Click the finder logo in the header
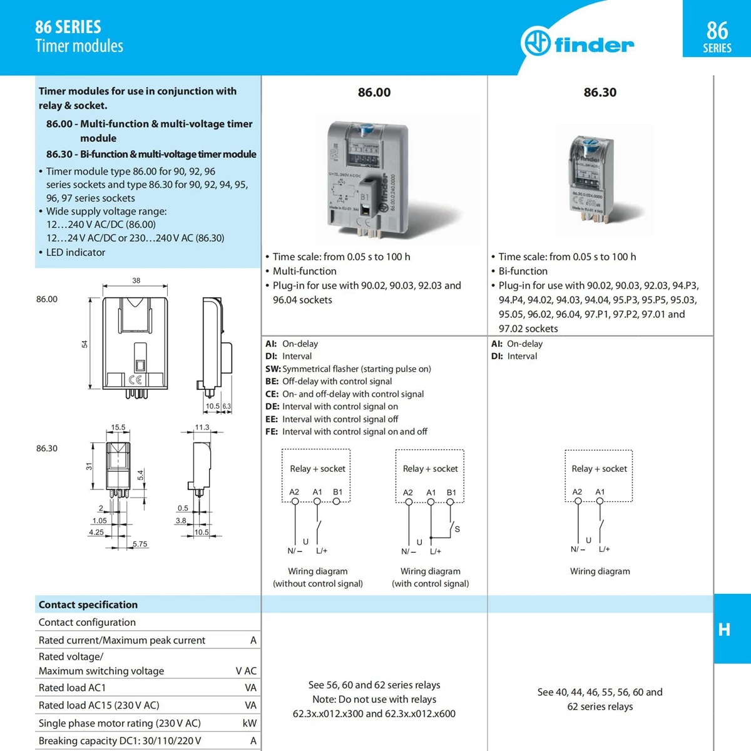pos(577,43)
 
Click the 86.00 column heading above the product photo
pos(374,93)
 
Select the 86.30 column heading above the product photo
pos(600,93)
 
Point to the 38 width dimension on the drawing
pos(136,280)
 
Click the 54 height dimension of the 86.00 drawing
pos(84,344)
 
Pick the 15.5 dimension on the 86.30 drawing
pos(118,427)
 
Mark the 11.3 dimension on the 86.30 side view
pos(202,427)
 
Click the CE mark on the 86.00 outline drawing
pos(135,379)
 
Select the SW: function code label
pos(273,369)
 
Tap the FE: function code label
pos(272,432)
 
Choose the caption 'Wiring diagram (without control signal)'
pos(318,577)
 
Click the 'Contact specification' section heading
pos(88,605)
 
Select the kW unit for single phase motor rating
pos(249,723)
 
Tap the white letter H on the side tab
pos(724,629)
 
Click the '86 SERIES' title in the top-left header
pos(68,27)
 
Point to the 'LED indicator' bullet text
pos(76,252)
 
